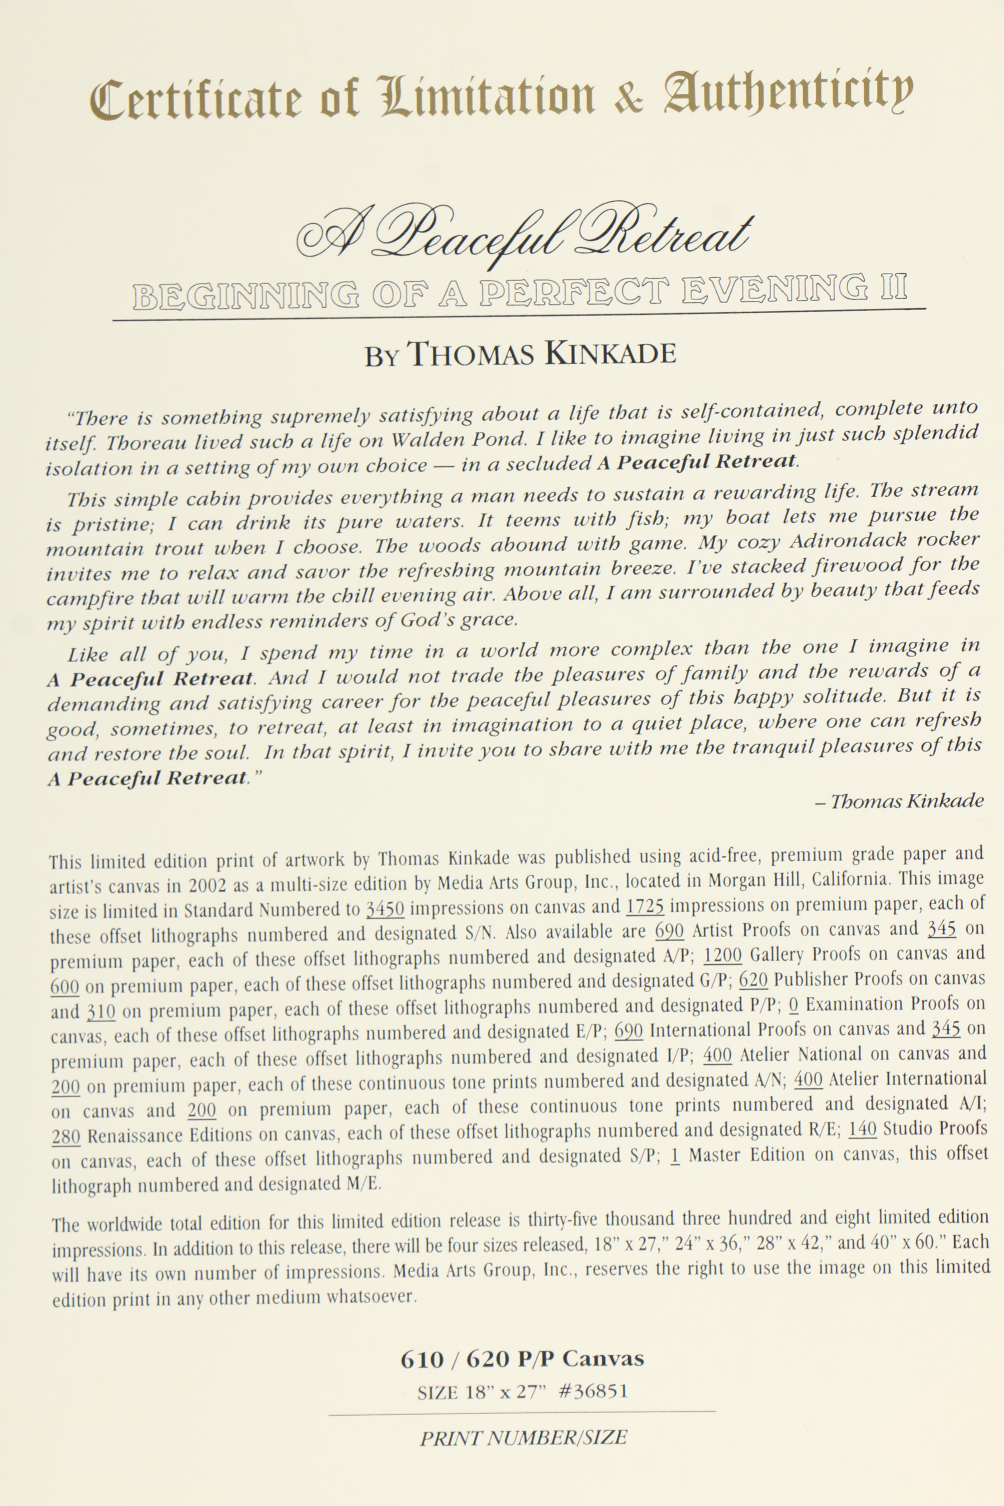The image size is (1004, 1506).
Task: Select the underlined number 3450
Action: pos(385,909)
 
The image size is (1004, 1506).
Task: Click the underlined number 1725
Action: pos(645,906)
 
